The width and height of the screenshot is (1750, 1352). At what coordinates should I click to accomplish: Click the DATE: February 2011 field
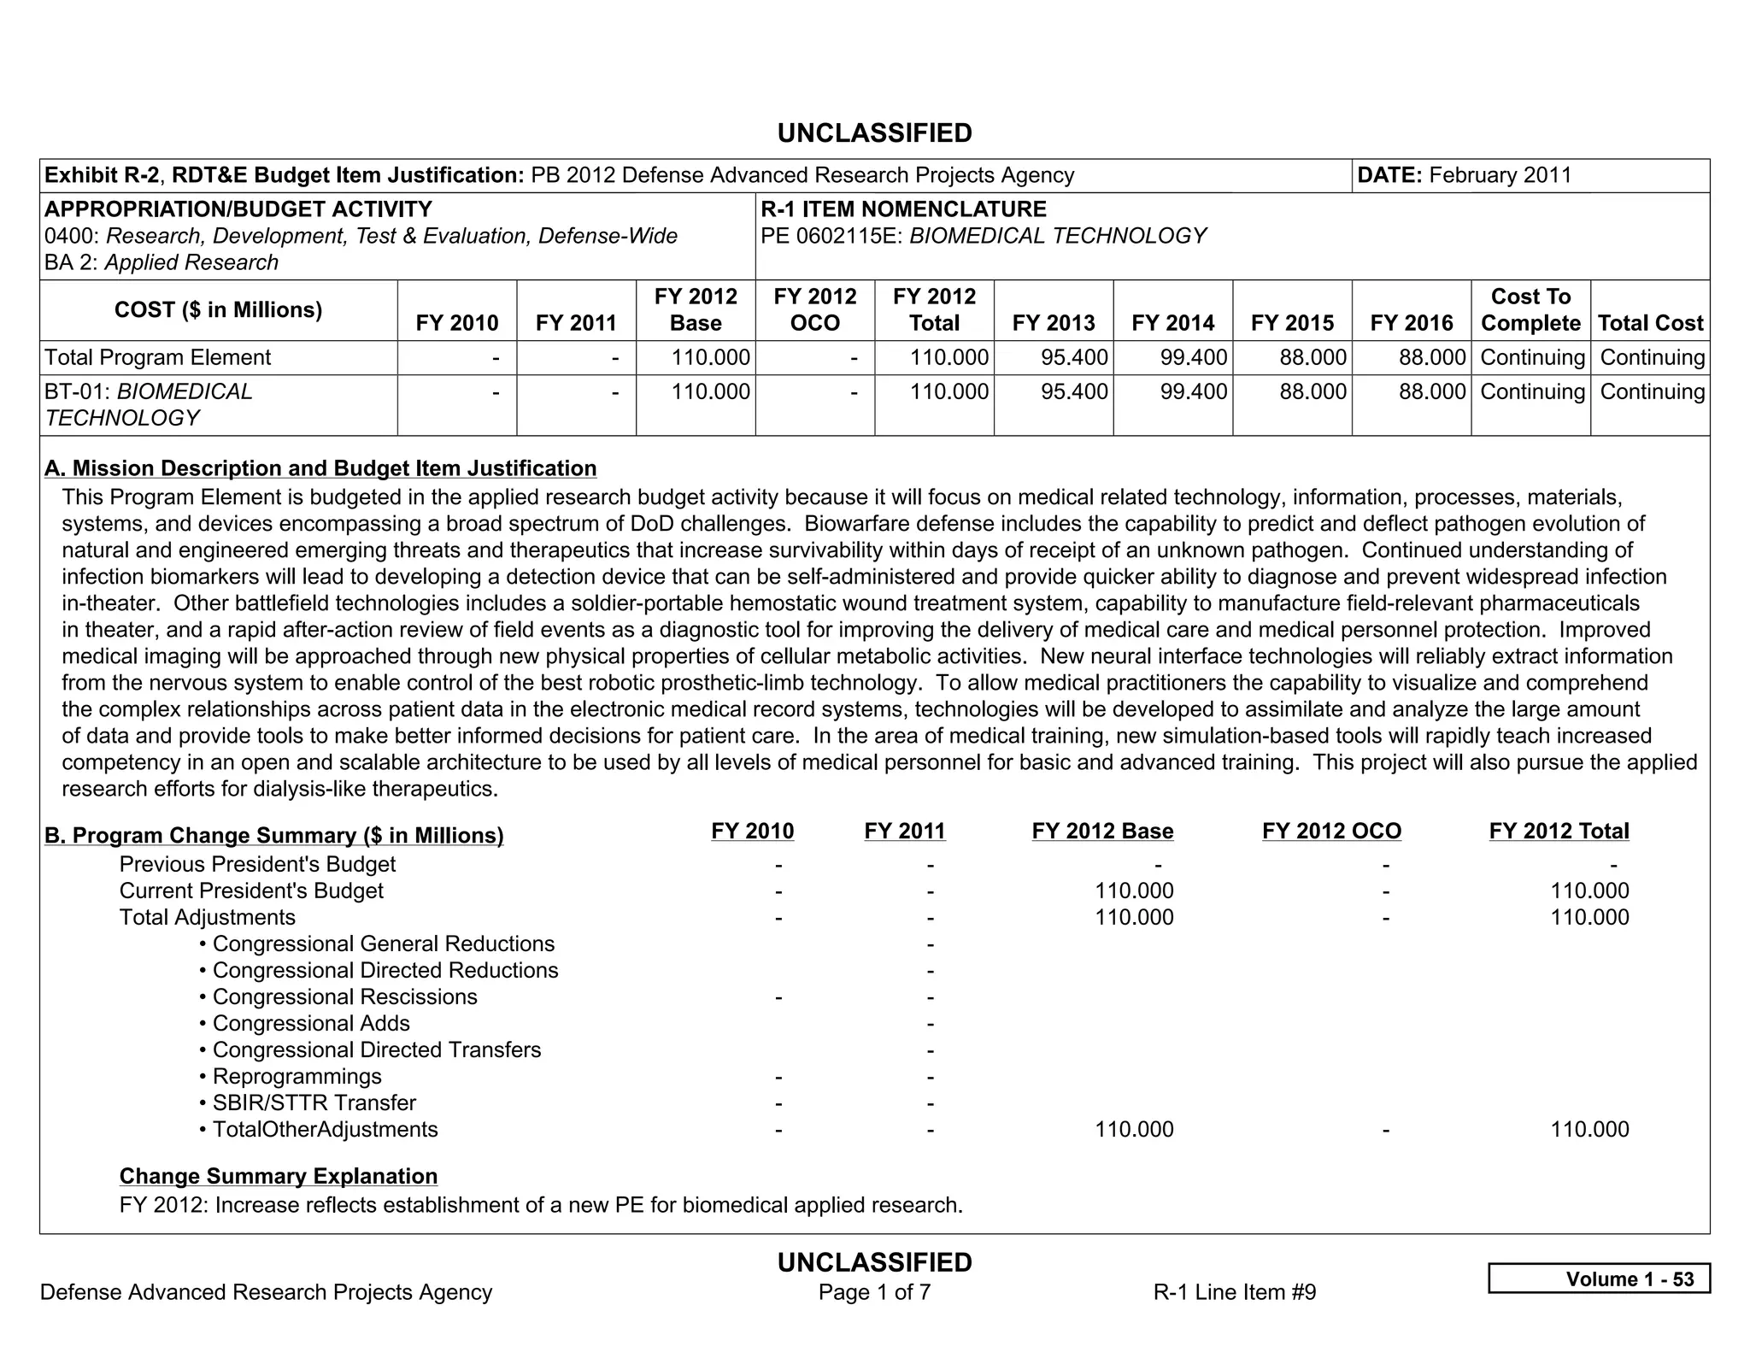pyautogui.click(x=1464, y=175)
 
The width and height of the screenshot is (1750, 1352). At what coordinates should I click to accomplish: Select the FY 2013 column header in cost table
pyautogui.click(x=1053, y=323)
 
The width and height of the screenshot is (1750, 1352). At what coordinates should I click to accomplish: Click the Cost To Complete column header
pyautogui.click(x=1530, y=309)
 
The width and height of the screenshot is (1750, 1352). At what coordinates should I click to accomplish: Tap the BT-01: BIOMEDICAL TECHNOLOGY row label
pyautogui.click(x=149, y=404)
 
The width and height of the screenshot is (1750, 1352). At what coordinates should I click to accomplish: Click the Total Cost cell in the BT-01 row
pyautogui.click(x=1651, y=391)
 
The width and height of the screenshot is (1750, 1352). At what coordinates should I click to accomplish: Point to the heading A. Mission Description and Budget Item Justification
pyautogui.click(x=320, y=468)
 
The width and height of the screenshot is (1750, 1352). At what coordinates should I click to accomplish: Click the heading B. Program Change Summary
pyautogui.click(x=273, y=835)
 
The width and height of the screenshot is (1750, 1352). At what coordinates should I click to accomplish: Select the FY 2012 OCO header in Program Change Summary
pyautogui.click(x=1330, y=831)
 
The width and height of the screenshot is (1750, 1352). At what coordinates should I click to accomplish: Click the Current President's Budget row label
pyautogui.click(x=251, y=891)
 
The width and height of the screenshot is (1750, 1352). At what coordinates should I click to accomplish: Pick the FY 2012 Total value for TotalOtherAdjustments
pyautogui.click(x=1589, y=1129)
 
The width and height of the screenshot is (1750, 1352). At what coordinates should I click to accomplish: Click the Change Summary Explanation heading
pyautogui.click(x=279, y=1176)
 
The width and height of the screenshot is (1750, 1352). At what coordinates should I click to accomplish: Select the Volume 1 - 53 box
pyautogui.click(x=1598, y=1279)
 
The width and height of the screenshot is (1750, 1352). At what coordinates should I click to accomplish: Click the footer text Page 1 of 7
pyautogui.click(x=874, y=1291)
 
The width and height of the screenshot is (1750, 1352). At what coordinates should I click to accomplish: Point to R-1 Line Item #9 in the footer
pyautogui.click(x=1234, y=1291)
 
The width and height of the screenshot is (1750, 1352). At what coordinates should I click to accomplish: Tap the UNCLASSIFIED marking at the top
pyautogui.click(x=874, y=133)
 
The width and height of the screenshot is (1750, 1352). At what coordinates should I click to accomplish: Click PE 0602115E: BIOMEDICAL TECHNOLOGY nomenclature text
pyautogui.click(x=983, y=236)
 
